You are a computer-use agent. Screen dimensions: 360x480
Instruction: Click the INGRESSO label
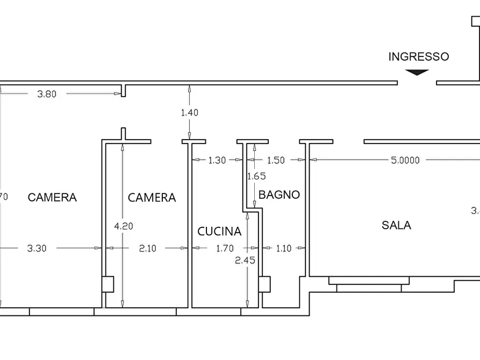coord(418,56)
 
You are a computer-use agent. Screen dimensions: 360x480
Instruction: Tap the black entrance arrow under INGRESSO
coord(417,72)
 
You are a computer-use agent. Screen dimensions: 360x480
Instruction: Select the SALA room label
coord(396,225)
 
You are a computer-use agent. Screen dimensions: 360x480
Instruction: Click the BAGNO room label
coord(279,195)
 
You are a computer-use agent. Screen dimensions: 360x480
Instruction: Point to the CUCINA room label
coord(219,232)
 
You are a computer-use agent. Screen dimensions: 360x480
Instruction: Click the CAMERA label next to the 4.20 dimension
coord(152,198)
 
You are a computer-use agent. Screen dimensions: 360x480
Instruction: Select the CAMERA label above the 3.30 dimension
coord(52,197)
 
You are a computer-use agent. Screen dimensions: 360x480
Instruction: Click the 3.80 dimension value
coord(46,93)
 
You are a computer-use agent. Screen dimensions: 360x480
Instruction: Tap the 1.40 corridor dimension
coord(189,112)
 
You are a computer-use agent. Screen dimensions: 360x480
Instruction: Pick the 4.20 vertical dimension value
coord(124,226)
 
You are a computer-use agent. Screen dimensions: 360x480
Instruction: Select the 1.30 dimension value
coord(217,160)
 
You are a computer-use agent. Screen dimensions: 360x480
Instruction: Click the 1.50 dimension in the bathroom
coord(275,160)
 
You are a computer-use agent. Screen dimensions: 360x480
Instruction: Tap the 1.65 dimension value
coord(256,176)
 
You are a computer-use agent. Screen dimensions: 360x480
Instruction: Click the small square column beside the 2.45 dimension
coord(264,284)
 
